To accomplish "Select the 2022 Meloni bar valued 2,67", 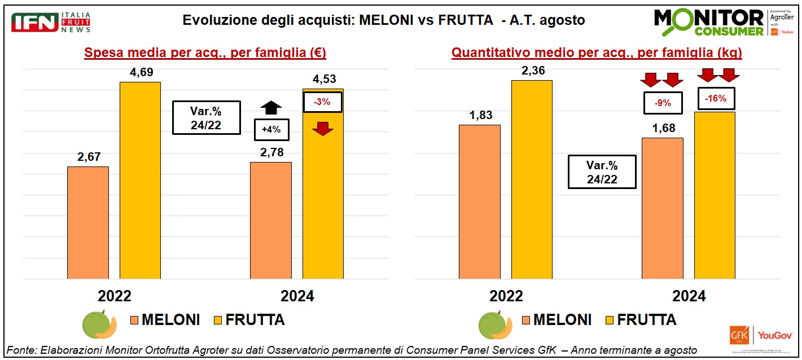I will pyautogui.click(x=87, y=222).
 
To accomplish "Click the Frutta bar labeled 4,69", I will pyautogui.click(x=140, y=181).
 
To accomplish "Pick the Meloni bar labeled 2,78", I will pyautogui.click(x=270, y=220).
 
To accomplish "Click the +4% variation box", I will pyautogui.click(x=271, y=130).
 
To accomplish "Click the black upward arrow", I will pyautogui.click(x=271, y=107).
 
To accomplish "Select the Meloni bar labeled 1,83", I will pyautogui.click(x=479, y=201).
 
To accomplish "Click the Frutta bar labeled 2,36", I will pyautogui.click(x=532, y=179).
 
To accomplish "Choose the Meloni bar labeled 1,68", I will pyautogui.click(x=662, y=208).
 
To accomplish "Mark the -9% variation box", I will pyautogui.click(x=663, y=103).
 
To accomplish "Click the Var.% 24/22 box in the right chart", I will pyautogui.click(x=602, y=172).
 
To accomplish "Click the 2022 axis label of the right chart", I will pyautogui.click(x=506, y=296).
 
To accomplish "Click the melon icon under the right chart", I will pyautogui.click(x=495, y=325).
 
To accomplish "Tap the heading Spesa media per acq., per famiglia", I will pyautogui.click(x=205, y=54).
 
